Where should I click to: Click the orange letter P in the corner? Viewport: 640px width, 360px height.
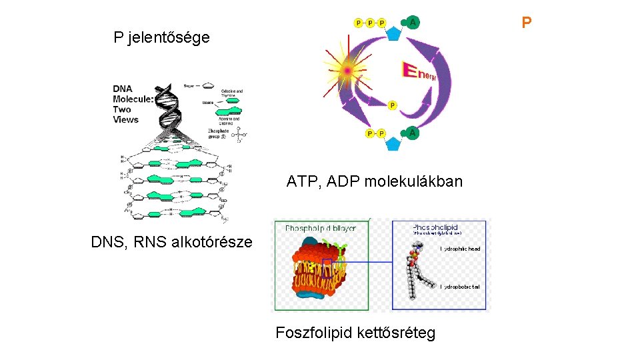pos(527,23)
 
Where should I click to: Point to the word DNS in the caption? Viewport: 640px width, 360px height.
pos(106,241)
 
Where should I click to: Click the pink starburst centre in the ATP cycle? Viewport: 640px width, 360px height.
pos(347,70)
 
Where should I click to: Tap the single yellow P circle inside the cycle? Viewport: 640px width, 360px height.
pos(392,105)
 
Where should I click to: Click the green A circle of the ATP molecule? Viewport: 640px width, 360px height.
pos(414,23)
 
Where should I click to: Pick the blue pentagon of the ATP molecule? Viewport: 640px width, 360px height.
pos(393,32)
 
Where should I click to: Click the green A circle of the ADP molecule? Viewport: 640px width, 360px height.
pos(413,133)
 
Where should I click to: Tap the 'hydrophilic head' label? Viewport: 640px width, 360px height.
pos(460,249)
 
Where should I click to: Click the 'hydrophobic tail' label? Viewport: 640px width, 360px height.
pos(460,287)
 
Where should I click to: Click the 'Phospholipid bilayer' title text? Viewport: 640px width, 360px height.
pos(321,228)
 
